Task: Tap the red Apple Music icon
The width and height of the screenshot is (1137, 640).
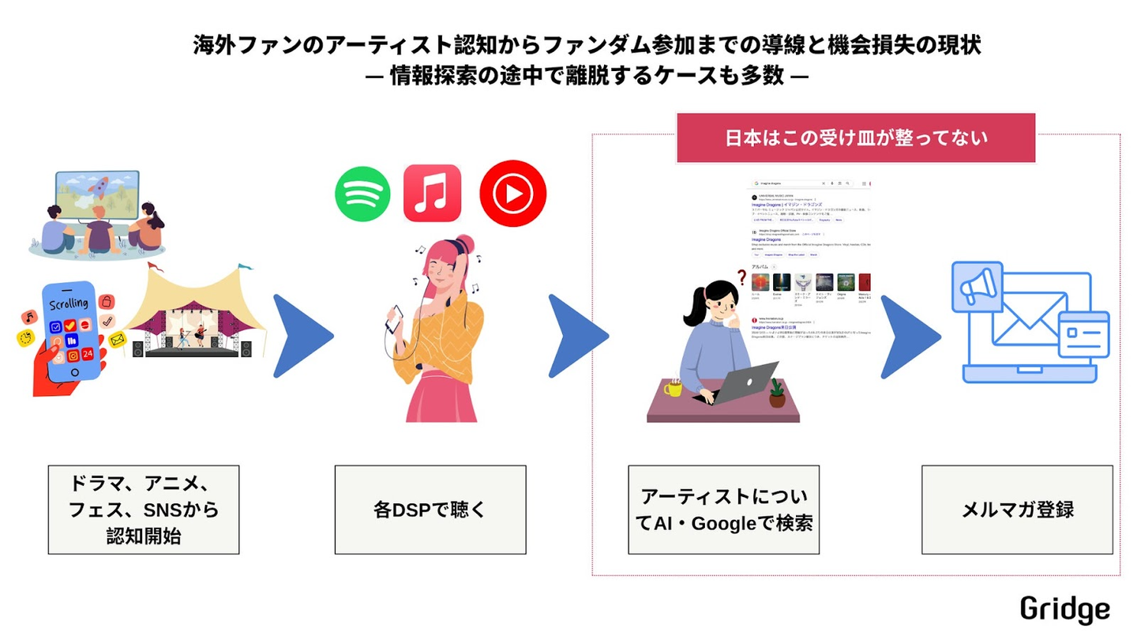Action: (432, 193)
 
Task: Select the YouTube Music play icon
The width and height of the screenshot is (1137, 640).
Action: (513, 194)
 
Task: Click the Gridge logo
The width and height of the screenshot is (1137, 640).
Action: (1064, 610)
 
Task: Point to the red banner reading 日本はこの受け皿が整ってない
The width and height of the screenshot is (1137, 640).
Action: (856, 138)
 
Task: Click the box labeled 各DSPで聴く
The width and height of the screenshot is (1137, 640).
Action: (430, 510)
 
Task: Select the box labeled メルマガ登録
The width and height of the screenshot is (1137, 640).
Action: (1017, 510)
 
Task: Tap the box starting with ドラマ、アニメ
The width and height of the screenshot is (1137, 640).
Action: (144, 510)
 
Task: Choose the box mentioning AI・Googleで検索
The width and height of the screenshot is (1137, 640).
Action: (724, 510)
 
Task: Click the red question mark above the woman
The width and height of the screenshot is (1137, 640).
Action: (741, 277)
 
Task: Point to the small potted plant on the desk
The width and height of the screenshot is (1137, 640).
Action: (778, 393)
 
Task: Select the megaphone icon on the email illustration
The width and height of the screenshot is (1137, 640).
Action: (977, 288)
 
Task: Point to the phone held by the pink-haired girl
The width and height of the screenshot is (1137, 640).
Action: (393, 317)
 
